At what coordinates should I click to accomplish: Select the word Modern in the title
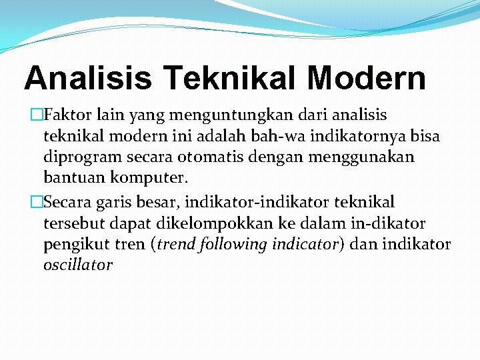pyautogui.click(x=367, y=77)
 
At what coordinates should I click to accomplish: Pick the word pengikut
pyautogui.click(x=73, y=244)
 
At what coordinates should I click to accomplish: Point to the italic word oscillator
pyautogui.click(x=78, y=265)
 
